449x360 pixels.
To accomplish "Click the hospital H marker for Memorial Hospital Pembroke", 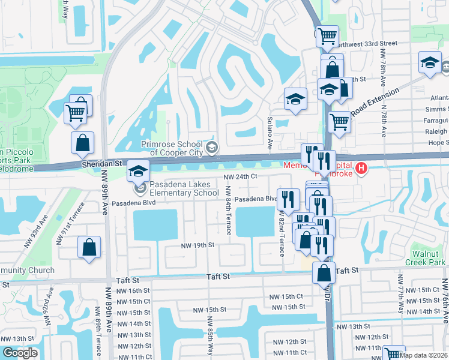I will (361, 169).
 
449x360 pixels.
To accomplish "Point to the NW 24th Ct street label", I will (241, 177).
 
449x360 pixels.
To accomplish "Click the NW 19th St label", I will (198, 245).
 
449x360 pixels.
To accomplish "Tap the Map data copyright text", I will (424, 355).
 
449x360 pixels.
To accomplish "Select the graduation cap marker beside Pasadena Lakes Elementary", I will (138, 172).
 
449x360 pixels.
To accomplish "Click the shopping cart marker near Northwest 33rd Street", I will (327, 36).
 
